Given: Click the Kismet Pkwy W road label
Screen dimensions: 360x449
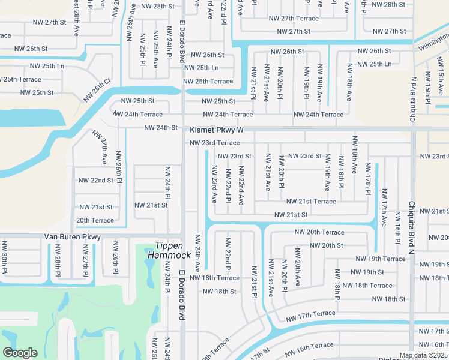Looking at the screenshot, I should pyautogui.click(x=217, y=130).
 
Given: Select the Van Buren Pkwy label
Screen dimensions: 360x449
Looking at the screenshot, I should pyautogui.click(x=73, y=237).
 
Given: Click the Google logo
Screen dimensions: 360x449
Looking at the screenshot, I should pyautogui.click(x=20, y=353).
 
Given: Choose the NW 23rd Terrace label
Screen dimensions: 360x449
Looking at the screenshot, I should pyautogui.click(x=214, y=143).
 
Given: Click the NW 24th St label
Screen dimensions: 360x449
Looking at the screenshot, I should pyautogui.click(x=161, y=127).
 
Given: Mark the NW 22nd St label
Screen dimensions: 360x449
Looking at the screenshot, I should pyautogui.click(x=95, y=180).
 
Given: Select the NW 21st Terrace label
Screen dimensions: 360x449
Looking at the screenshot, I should pyautogui.click(x=311, y=202).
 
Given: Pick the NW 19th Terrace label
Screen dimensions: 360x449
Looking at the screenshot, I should pyautogui.click(x=381, y=259).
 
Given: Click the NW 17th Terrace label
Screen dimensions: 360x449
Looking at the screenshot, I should pyautogui.click(x=310, y=314).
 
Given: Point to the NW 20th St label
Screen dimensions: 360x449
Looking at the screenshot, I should pyautogui.click(x=326, y=245).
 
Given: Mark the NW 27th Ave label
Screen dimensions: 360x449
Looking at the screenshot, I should pyautogui.click(x=100, y=148).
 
